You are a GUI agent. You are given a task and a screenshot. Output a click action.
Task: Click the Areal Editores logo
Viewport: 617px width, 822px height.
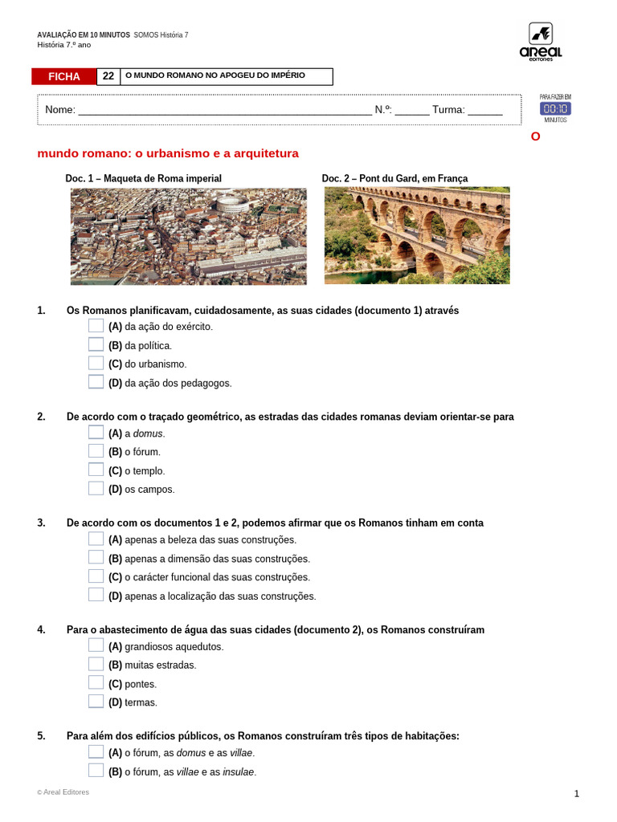tap(540, 42)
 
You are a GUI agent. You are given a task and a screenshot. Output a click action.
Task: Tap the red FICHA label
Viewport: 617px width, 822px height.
tap(64, 76)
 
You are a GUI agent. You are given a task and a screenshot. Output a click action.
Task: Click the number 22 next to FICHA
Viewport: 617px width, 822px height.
tap(108, 76)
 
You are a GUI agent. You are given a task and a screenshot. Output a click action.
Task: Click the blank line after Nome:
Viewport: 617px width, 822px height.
tap(225, 110)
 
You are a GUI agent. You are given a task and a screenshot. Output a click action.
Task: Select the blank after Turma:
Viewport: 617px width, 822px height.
tap(484, 110)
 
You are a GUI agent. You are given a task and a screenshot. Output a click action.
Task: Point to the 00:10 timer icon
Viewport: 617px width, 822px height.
tap(555, 108)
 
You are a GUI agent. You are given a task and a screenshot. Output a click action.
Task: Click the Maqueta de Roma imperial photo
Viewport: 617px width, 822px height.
tap(188, 236)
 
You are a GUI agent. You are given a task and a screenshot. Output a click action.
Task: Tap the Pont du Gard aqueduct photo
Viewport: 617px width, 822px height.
tap(416, 235)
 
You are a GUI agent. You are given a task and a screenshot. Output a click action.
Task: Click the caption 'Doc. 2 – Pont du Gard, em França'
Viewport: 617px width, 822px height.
tap(394, 178)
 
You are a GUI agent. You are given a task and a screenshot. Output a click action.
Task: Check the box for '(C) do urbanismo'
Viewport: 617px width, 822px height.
tap(96, 363)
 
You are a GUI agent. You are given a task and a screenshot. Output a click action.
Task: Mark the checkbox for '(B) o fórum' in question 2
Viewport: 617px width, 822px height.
tap(96, 451)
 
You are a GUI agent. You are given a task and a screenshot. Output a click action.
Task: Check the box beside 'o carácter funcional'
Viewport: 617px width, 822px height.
tap(96, 576)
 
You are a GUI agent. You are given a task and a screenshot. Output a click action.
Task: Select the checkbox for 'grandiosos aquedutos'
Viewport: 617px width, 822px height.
tap(96, 645)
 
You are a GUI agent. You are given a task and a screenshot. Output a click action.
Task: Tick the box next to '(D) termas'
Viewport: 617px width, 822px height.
tap(96, 702)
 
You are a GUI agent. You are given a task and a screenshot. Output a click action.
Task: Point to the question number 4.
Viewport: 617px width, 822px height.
tap(41, 629)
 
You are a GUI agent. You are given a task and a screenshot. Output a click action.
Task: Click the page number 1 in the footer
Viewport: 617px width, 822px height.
tap(576, 794)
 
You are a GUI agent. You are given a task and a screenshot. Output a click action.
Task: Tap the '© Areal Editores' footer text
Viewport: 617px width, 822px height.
tap(63, 792)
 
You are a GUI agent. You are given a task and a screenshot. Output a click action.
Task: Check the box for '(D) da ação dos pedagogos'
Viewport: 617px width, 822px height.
tap(96, 382)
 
